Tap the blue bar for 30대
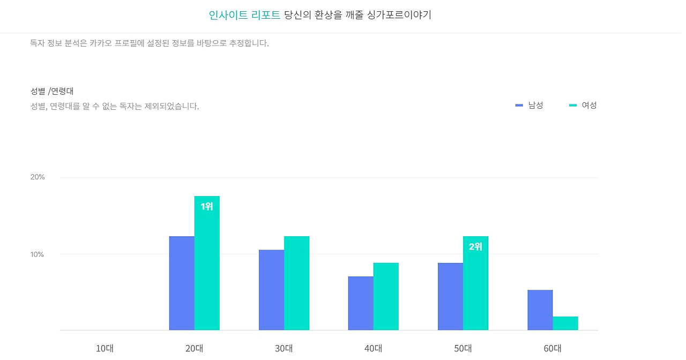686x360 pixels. (x=271, y=290)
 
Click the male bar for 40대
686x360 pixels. (x=361, y=303)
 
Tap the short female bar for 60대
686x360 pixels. (x=565, y=323)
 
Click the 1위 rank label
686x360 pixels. (x=207, y=206)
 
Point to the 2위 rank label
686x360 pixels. (x=475, y=247)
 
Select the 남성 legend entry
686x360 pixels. (x=530, y=106)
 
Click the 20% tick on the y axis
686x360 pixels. (x=38, y=177)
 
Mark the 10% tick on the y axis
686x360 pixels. (x=38, y=254)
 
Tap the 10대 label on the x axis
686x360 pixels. (x=105, y=348)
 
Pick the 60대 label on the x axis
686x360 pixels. (x=553, y=348)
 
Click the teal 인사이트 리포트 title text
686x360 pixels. (x=244, y=15)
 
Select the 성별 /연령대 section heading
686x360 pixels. (x=52, y=91)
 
